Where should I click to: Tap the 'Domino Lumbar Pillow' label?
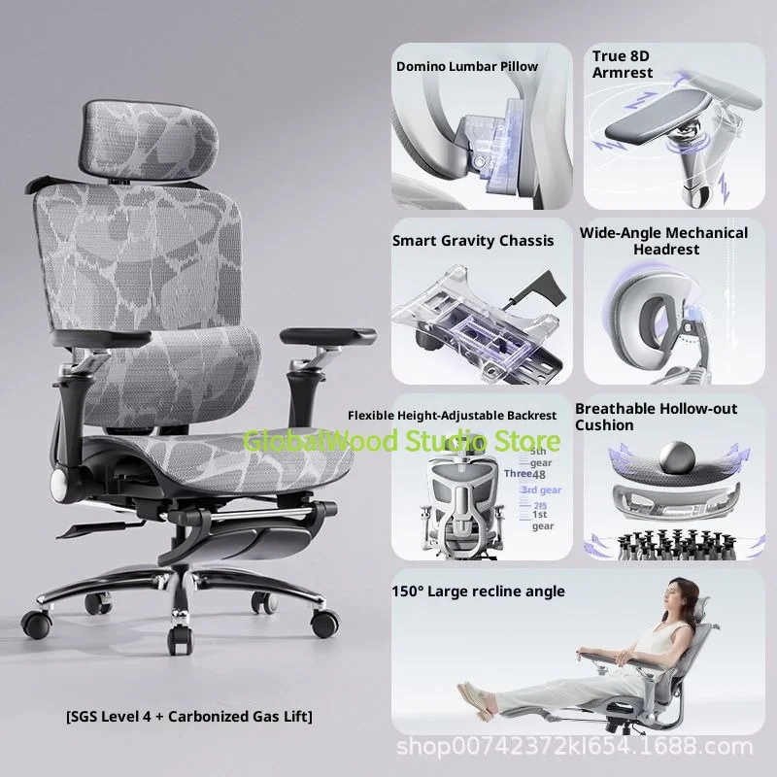(466, 67)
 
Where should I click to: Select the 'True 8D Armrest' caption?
(624, 65)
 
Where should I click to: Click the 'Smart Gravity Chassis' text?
(473, 240)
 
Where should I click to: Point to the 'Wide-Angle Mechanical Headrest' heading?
(663, 241)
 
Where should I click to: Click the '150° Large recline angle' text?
(479, 591)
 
